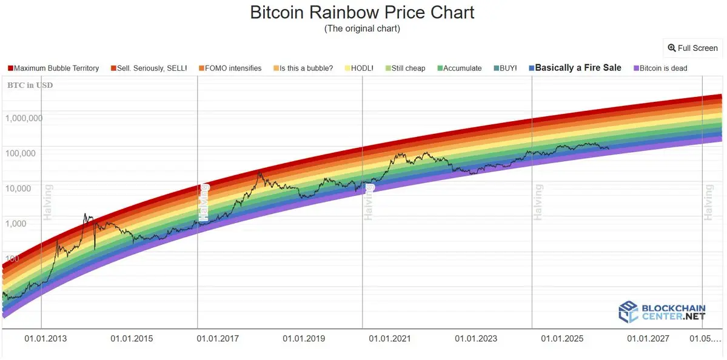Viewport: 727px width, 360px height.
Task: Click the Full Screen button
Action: [x=692, y=48]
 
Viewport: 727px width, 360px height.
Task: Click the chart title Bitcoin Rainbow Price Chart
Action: [x=363, y=12]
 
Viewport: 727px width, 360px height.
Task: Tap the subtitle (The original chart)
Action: [x=363, y=28]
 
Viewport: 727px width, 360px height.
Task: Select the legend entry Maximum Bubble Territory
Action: [x=53, y=68]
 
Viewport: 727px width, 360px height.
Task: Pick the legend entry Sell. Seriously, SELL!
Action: [x=149, y=68]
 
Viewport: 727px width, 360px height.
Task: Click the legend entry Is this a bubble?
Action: [x=303, y=68]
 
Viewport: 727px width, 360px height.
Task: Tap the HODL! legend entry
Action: [x=358, y=68]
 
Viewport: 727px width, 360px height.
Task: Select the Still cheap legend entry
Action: [x=405, y=68]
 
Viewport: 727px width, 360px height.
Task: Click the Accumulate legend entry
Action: [x=459, y=68]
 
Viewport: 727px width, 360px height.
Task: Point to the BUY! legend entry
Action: [x=505, y=68]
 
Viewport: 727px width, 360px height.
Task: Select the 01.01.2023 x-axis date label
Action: [x=476, y=338]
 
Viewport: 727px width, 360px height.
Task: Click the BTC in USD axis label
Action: [x=30, y=85]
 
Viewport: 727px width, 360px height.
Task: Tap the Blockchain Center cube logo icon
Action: [x=628, y=312]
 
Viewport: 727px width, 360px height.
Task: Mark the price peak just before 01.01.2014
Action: [x=85, y=214]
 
